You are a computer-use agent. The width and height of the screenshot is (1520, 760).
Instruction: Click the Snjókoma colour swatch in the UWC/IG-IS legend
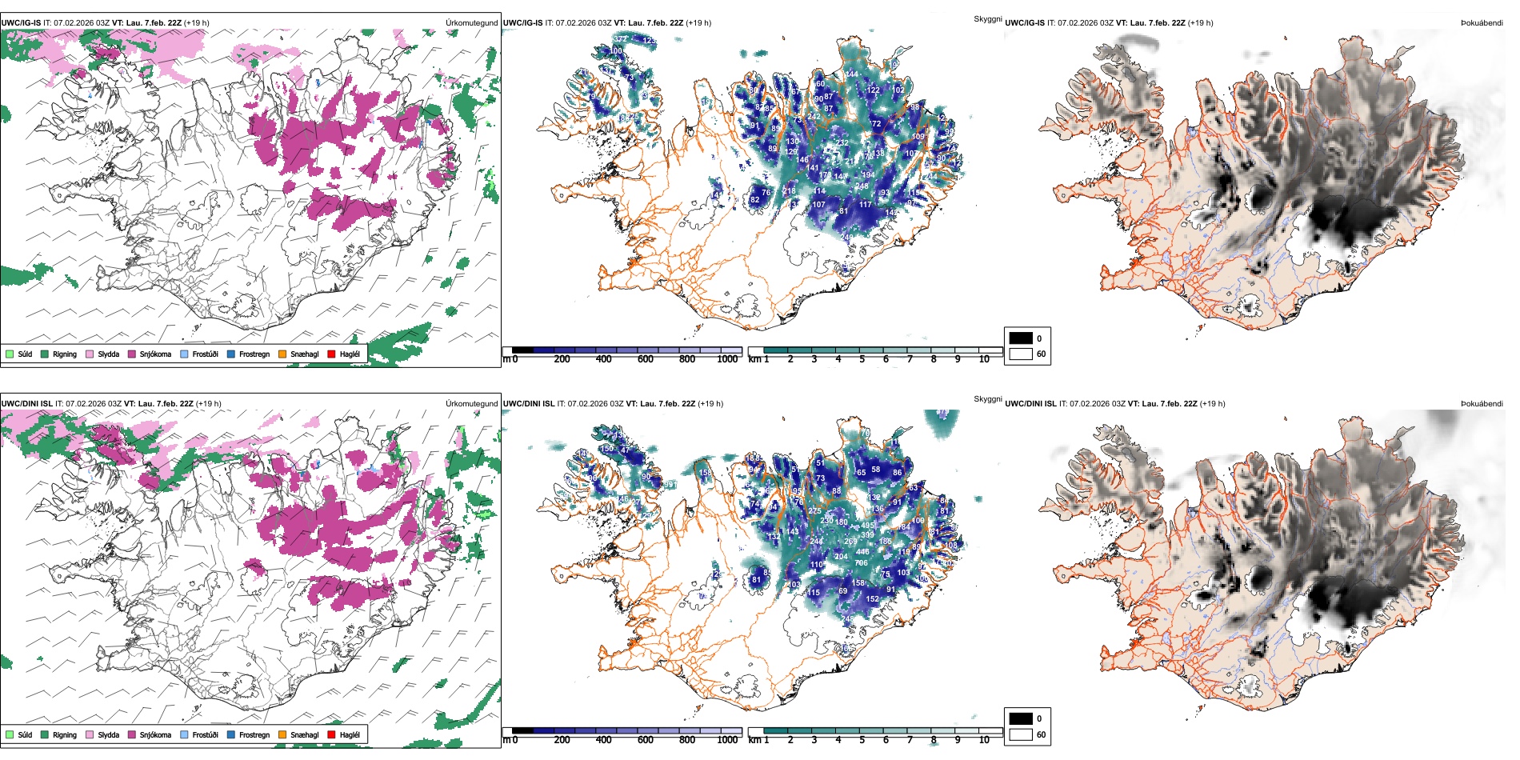click(x=132, y=354)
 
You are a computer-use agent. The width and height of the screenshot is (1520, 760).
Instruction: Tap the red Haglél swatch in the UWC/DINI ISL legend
click(x=331, y=734)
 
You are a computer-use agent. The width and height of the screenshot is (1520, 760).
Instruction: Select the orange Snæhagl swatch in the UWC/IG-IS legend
click(x=282, y=354)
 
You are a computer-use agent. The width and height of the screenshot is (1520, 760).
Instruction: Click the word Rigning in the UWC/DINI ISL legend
click(x=65, y=734)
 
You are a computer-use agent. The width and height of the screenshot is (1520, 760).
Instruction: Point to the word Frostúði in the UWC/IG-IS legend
click(x=205, y=354)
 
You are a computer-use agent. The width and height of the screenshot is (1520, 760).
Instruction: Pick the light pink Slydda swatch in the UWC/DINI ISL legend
click(x=90, y=734)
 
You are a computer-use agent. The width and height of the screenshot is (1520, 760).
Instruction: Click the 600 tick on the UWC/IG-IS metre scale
click(x=645, y=359)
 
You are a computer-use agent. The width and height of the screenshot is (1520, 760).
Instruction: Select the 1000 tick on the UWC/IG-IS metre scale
click(x=727, y=359)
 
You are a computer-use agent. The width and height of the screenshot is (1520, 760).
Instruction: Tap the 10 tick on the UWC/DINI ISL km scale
click(x=984, y=740)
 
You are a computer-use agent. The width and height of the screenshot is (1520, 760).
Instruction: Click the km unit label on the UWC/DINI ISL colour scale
click(x=754, y=740)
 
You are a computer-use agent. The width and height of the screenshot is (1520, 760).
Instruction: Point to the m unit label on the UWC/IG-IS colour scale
click(x=506, y=359)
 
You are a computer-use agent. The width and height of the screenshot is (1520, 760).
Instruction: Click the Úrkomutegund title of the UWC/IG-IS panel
click(x=471, y=23)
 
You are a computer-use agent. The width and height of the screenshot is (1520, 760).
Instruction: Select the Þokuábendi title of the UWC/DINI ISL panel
click(x=1482, y=404)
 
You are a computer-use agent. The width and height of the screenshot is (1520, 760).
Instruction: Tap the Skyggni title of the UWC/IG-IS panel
click(x=987, y=18)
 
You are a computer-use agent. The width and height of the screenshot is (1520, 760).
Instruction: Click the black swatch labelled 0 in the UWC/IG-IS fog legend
click(x=1021, y=338)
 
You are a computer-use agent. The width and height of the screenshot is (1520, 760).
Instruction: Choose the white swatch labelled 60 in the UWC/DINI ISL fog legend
click(x=1021, y=734)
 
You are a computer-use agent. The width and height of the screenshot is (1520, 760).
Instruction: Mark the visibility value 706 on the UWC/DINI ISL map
click(x=862, y=563)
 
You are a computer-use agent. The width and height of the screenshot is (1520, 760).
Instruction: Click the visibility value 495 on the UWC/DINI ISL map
click(x=868, y=526)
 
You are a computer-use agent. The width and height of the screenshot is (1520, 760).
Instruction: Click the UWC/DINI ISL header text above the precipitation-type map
click(x=26, y=404)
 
